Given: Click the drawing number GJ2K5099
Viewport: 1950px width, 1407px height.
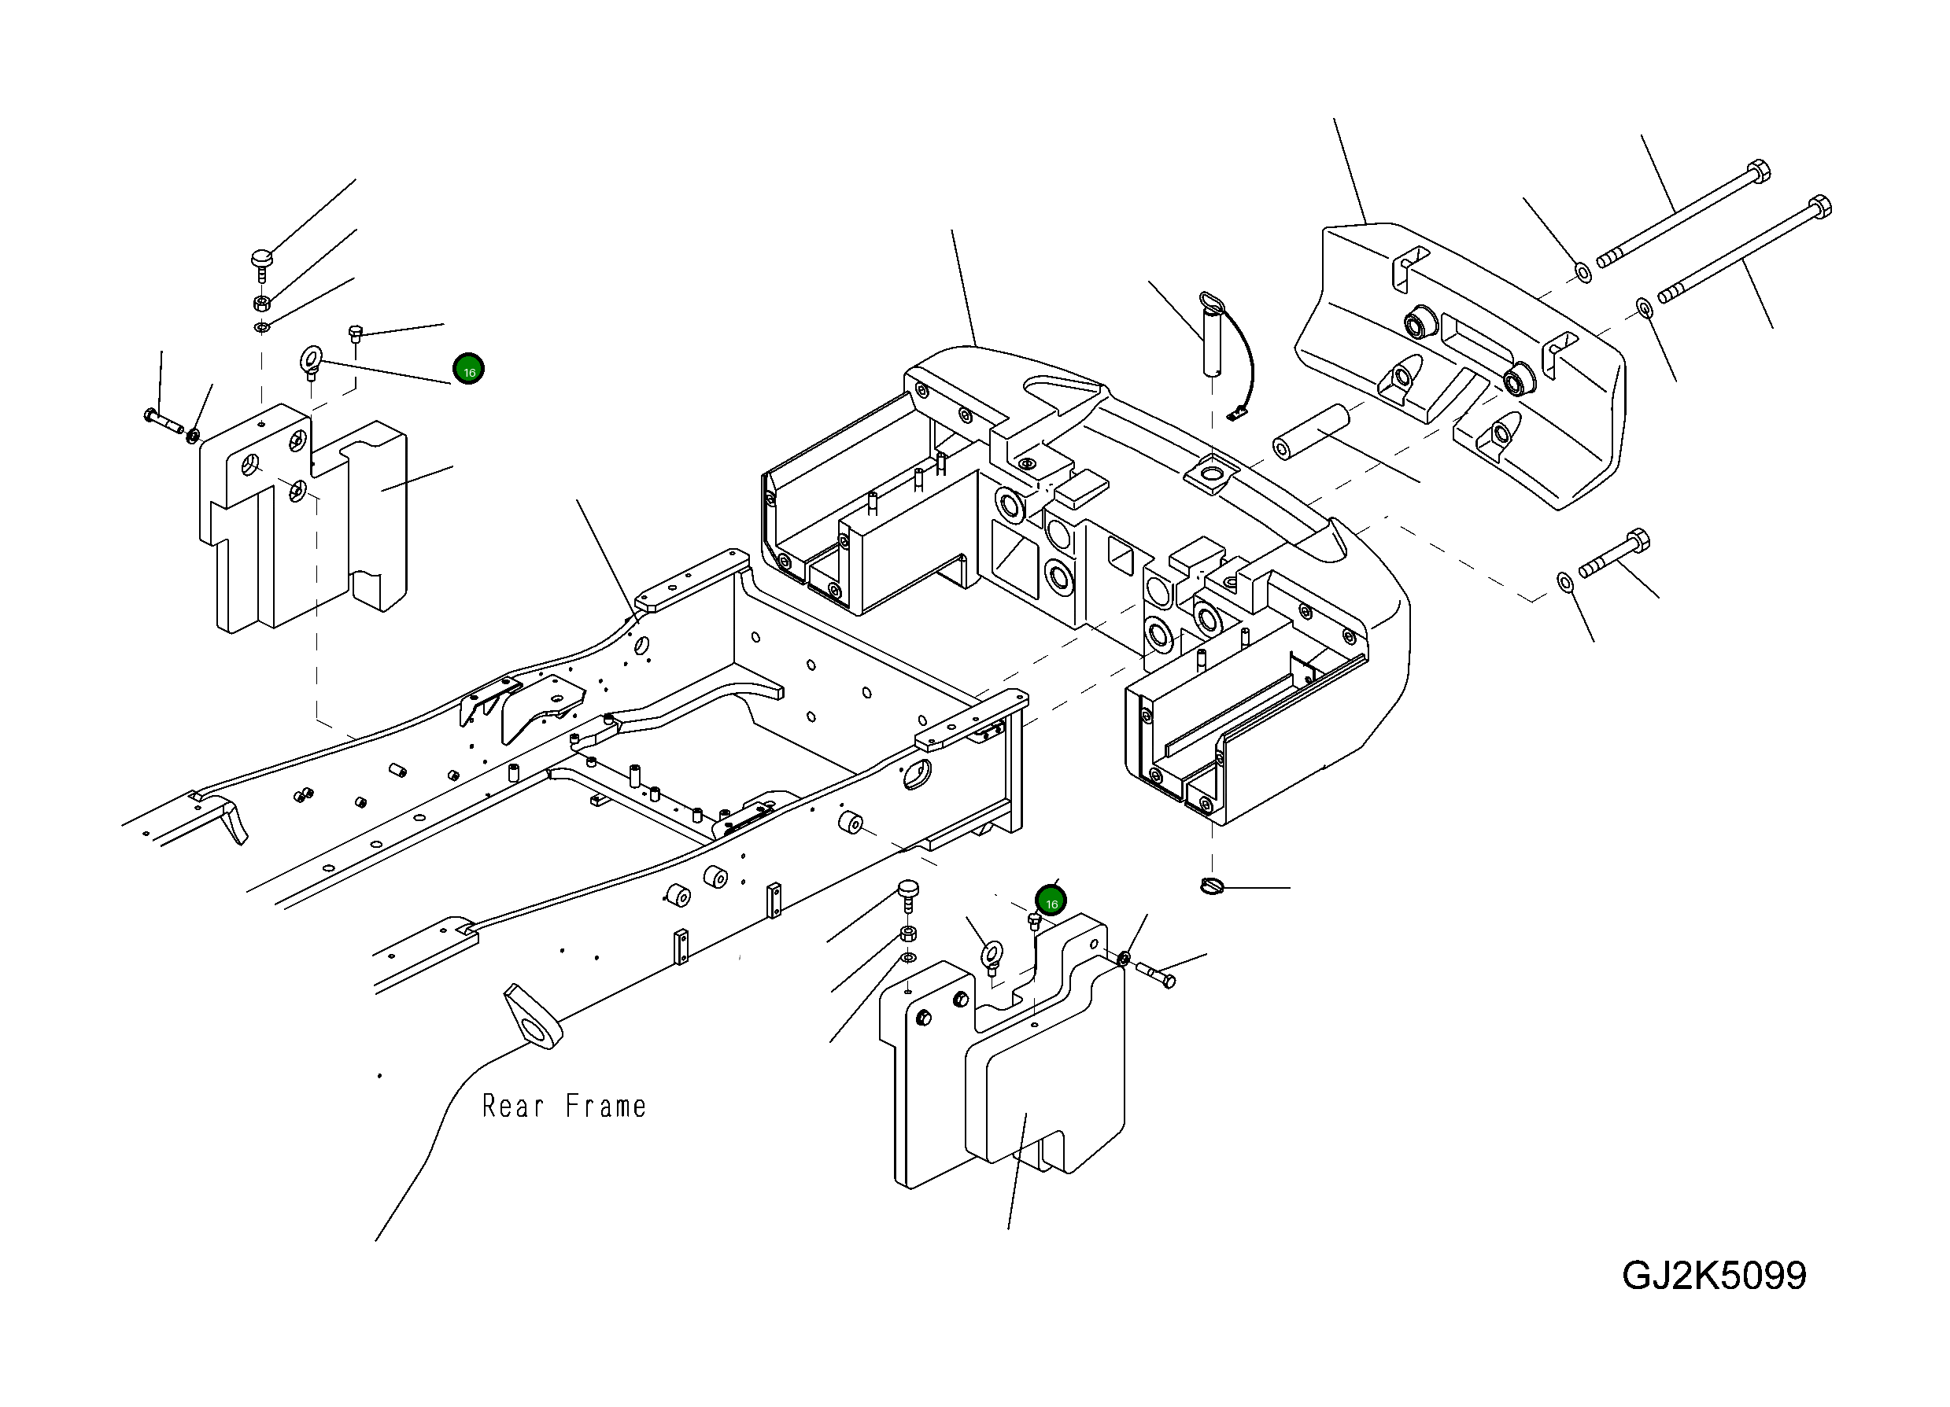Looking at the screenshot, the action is coord(1714,1276).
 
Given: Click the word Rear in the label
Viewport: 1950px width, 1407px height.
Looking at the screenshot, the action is coord(512,1107).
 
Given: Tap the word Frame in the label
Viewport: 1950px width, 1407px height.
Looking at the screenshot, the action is coord(605,1107).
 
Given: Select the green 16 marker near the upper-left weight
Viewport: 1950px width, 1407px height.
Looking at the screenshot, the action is coord(468,370).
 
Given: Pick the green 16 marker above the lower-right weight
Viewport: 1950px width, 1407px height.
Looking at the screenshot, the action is coord(1051,901).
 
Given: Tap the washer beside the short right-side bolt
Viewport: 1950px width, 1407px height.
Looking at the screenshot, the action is coord(1565,583).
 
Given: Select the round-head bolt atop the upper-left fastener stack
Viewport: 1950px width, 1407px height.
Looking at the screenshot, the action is coord(262,262).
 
